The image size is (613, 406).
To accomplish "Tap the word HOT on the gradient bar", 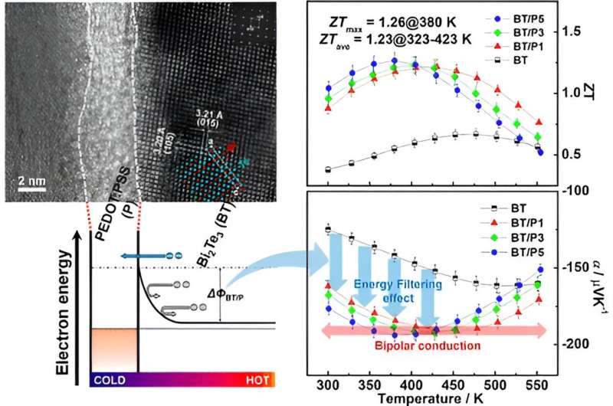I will (257, 379).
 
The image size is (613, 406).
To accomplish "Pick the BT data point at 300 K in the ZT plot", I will (329, 169).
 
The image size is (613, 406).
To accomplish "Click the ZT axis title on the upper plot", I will (589, 92).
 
